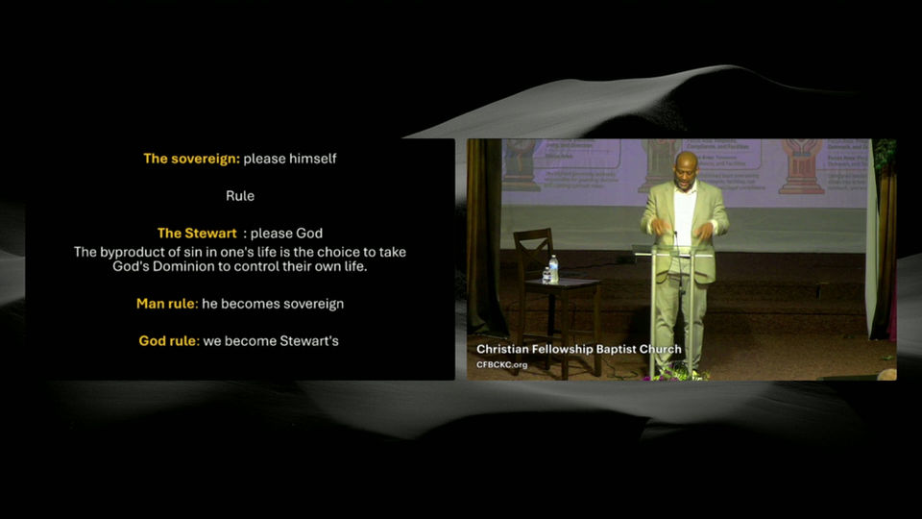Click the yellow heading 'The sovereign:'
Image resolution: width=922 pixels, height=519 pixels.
click(192, 159)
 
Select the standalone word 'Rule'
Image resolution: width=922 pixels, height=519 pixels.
click(240, 196)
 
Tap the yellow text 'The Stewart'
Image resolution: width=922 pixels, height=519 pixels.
click(197, 234)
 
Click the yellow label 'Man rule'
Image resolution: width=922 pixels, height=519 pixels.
click(166, 304)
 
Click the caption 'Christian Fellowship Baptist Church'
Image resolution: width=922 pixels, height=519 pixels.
click(579, 350)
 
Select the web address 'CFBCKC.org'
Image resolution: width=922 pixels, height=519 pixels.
click(502, 365)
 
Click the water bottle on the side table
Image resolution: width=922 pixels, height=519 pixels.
click(553, 269)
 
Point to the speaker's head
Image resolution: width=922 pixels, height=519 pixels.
click(686, 165)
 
